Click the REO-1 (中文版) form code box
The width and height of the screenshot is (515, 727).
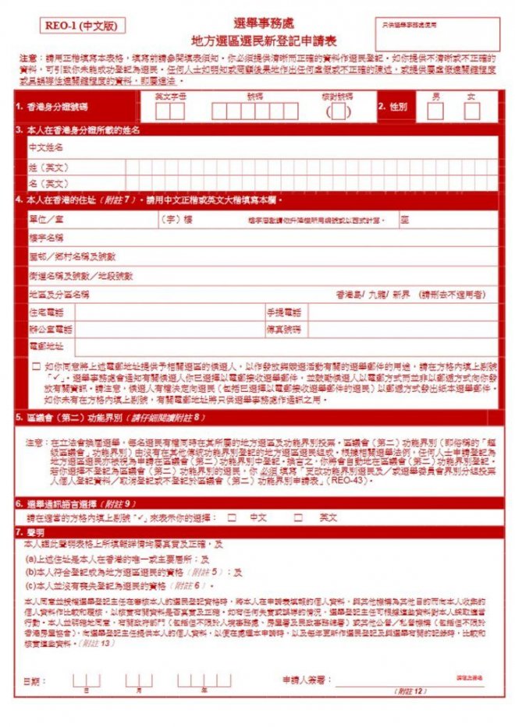pyautogui.click(x=80, y=26)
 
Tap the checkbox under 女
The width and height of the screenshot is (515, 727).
pyautogui.click(x=471, y=111)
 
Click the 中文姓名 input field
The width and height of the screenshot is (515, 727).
pyautogui.click(x=281, y=146)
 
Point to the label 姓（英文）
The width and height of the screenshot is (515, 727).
pyautogui.click(x=48, y=167)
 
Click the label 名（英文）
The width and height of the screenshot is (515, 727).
pyautogui.click(x=48, y=184)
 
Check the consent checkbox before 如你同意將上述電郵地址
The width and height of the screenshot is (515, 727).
pyautogui.click(x=36, y=365)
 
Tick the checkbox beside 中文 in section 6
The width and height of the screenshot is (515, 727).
pyautogui.click(x=232, y=517)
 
